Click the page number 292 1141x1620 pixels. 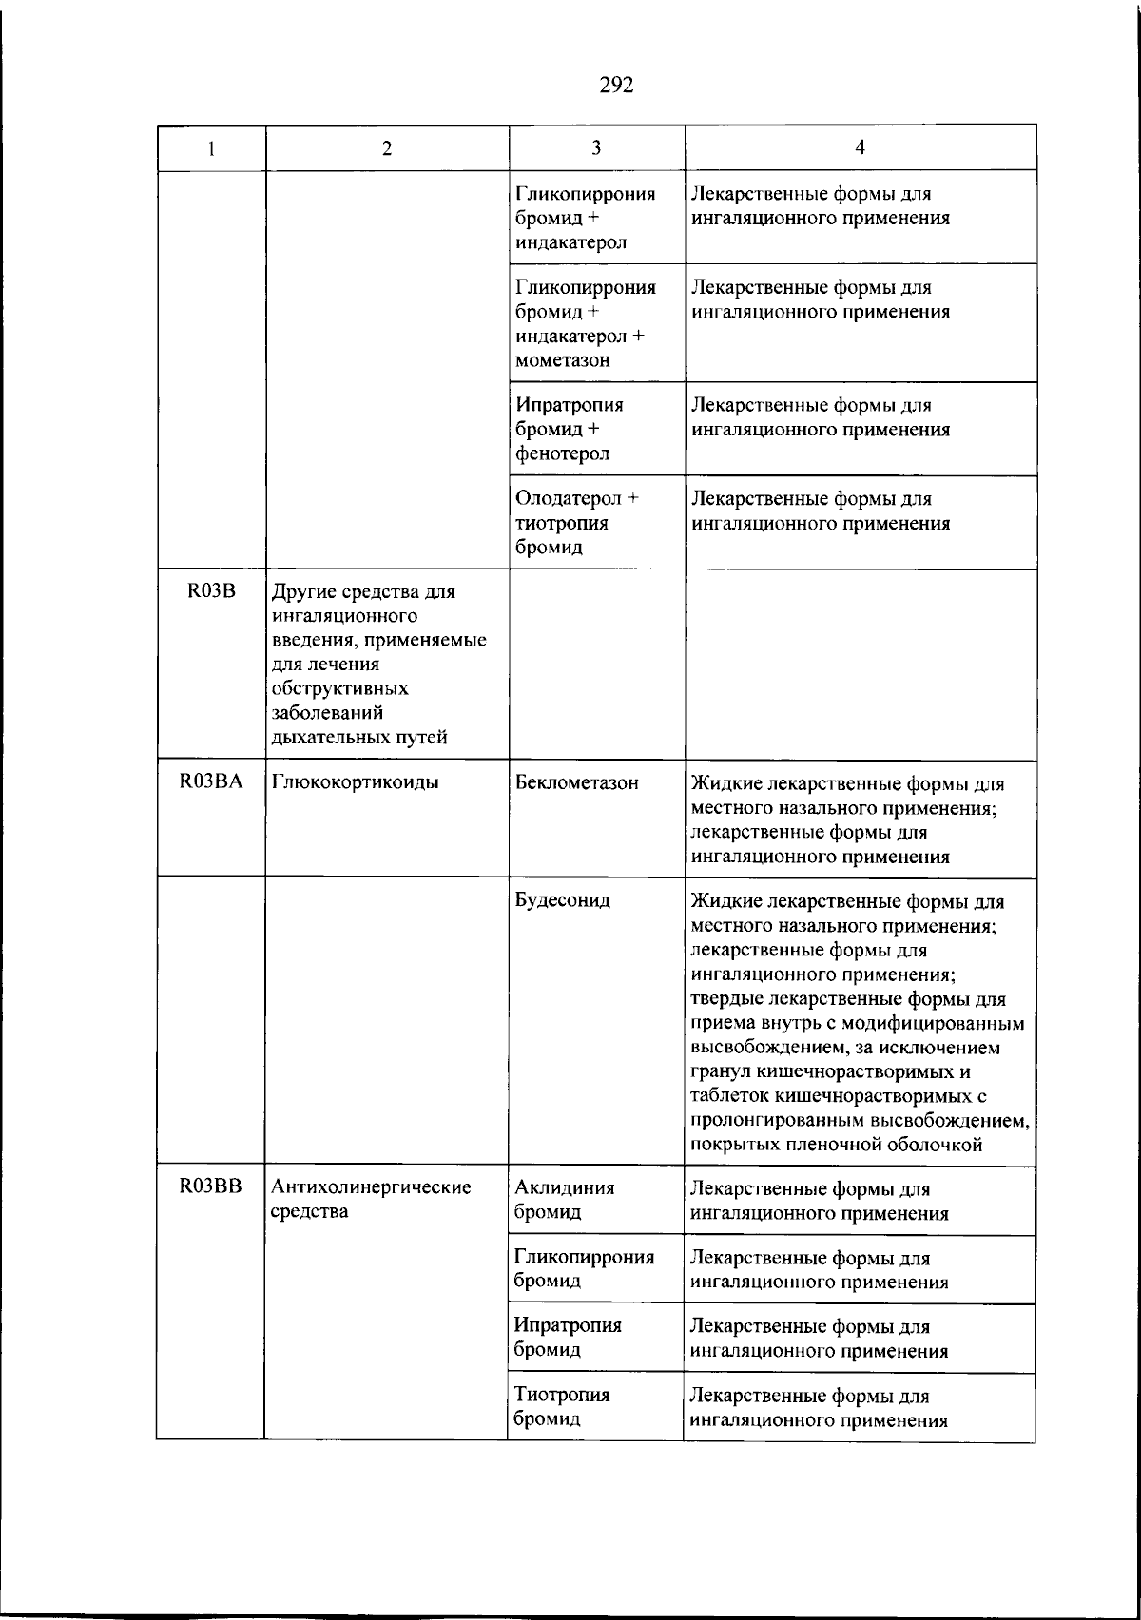click(616, 86)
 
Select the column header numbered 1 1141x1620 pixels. click(211, 148)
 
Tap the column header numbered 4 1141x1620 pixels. click(860, 147)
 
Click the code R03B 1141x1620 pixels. click(211, 591)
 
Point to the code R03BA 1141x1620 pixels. click(211, 782)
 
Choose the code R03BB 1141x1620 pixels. click(211, 1186)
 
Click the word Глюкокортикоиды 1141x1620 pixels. click(356, 783)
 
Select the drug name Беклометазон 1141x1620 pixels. click(576, 783)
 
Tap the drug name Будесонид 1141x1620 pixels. click(562, 899)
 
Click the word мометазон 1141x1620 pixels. click(563, 360)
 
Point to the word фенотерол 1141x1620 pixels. click(562, 453)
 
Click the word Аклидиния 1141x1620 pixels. click(564, 1187)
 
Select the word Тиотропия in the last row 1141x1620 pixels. click(562, 1395)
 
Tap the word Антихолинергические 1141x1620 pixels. click(372, 1187)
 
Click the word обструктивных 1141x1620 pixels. click(340, 688)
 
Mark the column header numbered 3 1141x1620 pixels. click(596, 147)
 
